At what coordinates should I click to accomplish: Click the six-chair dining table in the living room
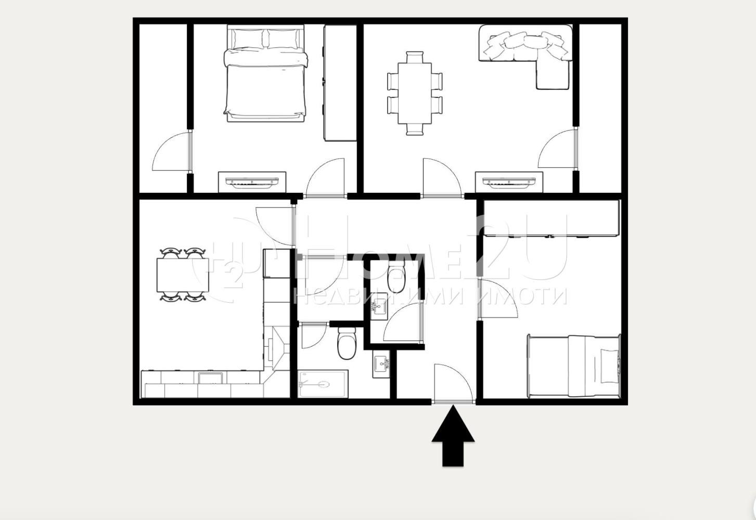click(x=415, y=93)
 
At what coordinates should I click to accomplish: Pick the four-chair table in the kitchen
click(x=183, y=275)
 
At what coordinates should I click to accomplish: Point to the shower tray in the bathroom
click(x=323, y=384)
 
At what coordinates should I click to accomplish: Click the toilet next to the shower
click(x=346, y=343)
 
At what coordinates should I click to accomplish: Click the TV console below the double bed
click(x=252, y=181)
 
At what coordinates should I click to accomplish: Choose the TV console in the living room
click(x=509, y=181)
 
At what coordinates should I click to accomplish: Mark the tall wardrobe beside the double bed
click(x=340, y=83)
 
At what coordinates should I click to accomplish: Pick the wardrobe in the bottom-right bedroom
click(x=552, y=218)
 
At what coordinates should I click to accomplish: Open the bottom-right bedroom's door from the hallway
click(x=497, y=299)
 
